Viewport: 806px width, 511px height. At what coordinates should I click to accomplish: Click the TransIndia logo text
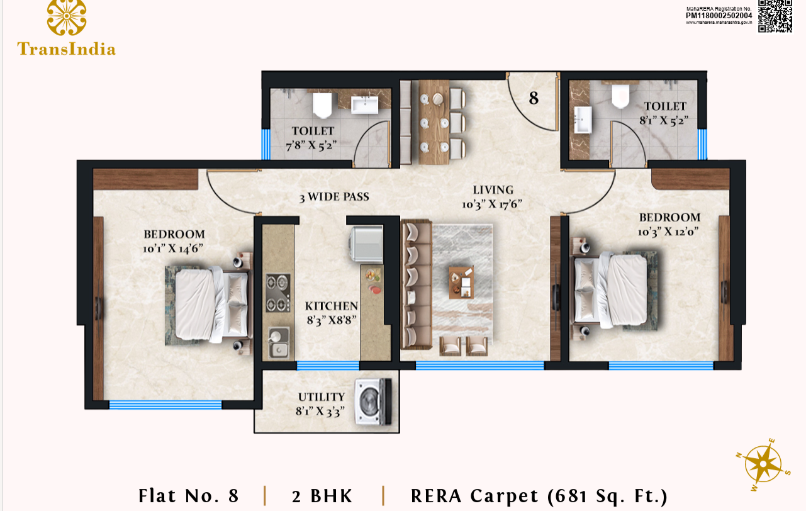point(67,49)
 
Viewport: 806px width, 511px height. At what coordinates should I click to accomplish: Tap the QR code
point(775,16)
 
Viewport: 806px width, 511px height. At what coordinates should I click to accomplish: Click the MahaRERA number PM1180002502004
point(719,16)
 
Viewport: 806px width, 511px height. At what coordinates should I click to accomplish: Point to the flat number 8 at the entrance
point(534,98)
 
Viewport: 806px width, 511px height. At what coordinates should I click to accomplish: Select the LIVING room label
point(493,190)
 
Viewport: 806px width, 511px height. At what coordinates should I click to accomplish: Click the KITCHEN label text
point(332,306)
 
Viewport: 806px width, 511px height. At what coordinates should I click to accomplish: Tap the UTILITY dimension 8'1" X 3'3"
point(320,411)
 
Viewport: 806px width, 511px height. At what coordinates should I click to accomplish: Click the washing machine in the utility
point(374,401)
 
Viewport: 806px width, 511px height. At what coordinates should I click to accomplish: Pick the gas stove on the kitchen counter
point(277,293)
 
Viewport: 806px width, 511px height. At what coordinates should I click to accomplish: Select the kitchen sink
point(278,342)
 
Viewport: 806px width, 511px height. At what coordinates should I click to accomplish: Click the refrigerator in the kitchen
point(367,244)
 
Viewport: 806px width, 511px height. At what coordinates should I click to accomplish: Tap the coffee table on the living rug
point(461,282)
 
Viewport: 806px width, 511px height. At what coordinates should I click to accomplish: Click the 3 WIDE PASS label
point(334,197)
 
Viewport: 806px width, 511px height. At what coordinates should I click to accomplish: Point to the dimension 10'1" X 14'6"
point(173,249)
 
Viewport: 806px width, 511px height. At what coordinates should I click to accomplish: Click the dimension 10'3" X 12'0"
point(668,232)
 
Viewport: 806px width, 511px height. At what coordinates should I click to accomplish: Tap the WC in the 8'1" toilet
point(620,96)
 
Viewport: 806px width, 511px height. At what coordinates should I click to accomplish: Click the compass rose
point(763,464)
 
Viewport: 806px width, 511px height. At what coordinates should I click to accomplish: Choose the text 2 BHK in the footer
point(322,496)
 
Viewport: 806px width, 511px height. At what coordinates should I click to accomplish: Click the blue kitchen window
point(328,366)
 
